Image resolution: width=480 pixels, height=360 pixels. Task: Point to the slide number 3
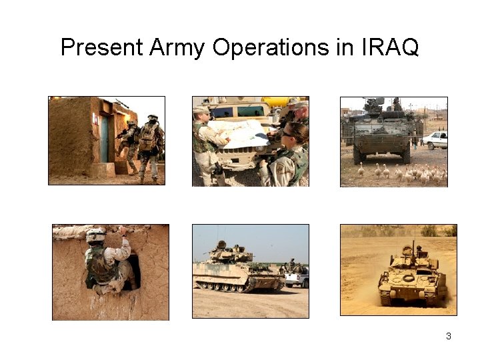click(x=449, y=336)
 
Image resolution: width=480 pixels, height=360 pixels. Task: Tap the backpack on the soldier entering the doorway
click(x=148, y=136)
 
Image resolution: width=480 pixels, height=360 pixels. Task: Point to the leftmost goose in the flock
click(x=360, y=171)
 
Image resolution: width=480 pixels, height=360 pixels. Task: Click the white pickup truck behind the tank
click(x=297, y=275)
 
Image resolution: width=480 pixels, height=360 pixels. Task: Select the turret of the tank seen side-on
click(x=230, y=253)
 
